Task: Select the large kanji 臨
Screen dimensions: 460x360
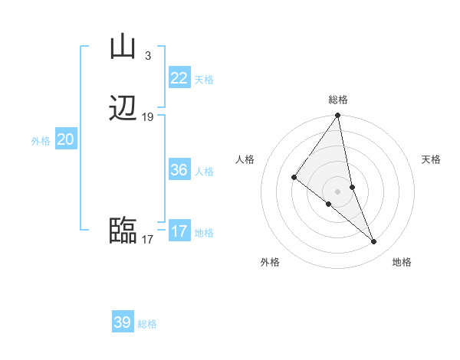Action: [123, 231]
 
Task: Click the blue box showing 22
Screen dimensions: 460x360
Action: [179, 78]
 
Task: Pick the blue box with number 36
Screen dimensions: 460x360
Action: [179, 170]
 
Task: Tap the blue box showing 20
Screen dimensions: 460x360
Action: [66, 139]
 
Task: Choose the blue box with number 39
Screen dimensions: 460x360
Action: [123, 322]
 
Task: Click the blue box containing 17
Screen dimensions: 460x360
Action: [179, 231]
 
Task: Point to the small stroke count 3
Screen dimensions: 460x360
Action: [147, 55]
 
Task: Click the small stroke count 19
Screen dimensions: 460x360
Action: [148, 117]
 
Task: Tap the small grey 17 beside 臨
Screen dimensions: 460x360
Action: [148, 239]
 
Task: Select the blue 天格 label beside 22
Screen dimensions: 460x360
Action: [204, 80]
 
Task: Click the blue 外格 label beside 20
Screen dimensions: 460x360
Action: [40, 141]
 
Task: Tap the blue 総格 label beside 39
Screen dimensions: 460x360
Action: [147, 324]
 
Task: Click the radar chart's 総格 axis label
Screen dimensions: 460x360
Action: [337, 100]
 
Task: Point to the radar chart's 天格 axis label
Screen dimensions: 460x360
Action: [432, 159]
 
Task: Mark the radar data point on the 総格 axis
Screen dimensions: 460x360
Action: [337, 116]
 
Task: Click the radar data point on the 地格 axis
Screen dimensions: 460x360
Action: [374, 242]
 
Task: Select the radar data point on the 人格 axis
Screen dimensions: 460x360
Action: [294, 177]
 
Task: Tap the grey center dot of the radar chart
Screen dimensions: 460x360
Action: [337, 191]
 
